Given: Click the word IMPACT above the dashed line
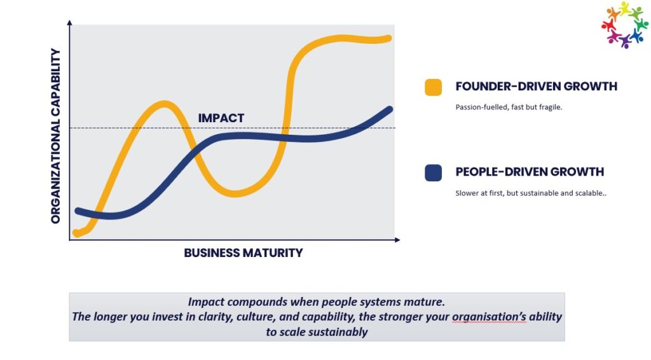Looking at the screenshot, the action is (221, 118).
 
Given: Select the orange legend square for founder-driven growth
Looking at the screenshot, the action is (433, 87).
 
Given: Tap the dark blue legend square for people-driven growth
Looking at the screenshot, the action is (433, 173).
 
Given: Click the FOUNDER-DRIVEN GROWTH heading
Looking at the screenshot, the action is (536, 87).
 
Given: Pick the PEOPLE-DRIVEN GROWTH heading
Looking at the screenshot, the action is (530, 172).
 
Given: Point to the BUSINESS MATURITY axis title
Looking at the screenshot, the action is (243, 253).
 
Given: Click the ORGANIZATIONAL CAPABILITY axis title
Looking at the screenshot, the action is (56, 135).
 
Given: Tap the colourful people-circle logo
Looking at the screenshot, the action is (624, 25).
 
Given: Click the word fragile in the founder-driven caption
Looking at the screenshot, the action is (550, 107).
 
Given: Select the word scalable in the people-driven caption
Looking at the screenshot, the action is (589, 193).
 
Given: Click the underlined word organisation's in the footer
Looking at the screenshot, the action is (489, 317).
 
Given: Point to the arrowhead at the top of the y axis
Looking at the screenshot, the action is (69, 22).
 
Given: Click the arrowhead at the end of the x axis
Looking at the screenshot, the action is (397, 240).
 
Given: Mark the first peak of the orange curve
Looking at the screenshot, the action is (165, 104).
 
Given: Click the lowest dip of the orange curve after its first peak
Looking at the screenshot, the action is (235, 193).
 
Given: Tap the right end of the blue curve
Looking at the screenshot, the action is (390, 109).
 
